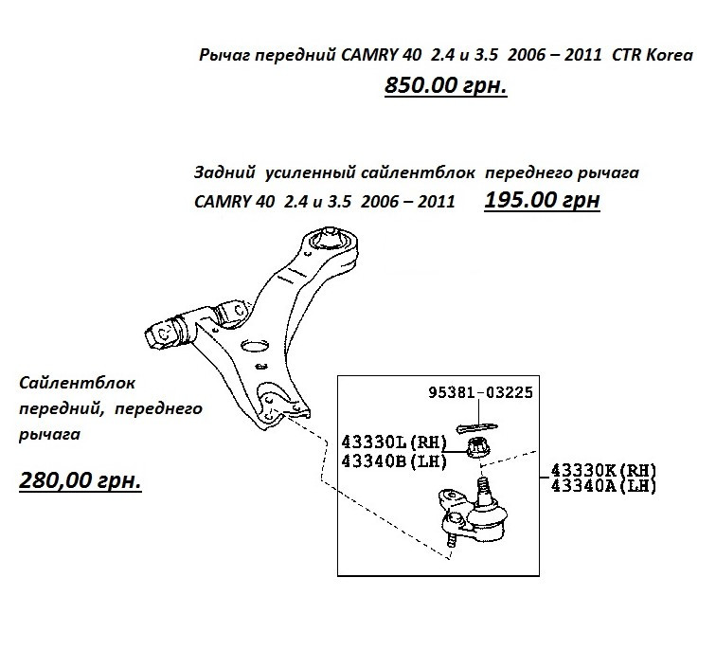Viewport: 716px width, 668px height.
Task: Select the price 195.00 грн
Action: coord(542,202)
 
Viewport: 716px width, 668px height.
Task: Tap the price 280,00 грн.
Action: coord(81,480)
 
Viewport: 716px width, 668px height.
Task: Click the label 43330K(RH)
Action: coord(603,470)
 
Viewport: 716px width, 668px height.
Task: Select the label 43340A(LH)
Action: coord(603,486)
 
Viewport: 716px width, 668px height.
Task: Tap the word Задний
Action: coord(224,173)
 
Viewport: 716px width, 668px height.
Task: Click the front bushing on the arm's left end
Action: coord(170,333)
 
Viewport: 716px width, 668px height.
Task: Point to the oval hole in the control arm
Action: coord(256,347)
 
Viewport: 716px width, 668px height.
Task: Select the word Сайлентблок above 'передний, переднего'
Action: coord(79,384)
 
